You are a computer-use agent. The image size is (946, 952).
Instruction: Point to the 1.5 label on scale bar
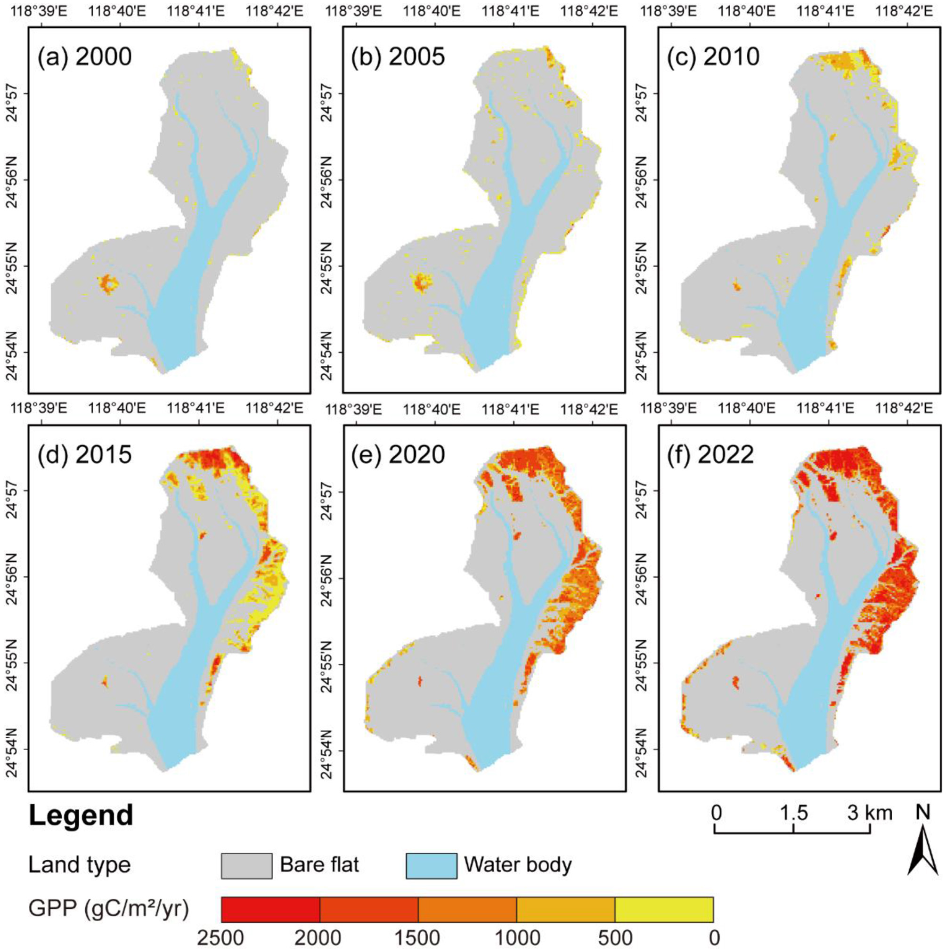pyautogui.click(x=794, y=813)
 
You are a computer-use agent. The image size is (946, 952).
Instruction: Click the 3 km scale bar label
pyautogui.click(x=871, y=813)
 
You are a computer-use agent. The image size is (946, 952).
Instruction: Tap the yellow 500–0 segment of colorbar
pyautogui.click(x=663, y=909)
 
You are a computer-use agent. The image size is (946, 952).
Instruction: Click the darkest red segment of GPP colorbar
pyautogui.click(x=270, y=909)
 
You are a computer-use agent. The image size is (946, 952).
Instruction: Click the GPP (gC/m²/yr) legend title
pyautogui.click(x=109, y=909)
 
